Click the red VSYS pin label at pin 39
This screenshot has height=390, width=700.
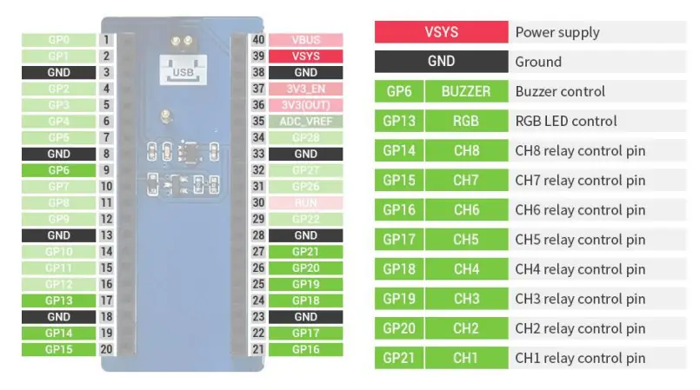(305, 56)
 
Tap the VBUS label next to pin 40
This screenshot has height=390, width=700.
(305, 40)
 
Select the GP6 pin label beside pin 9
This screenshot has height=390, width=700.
(58, 170)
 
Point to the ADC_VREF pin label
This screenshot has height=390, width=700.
(305, 122)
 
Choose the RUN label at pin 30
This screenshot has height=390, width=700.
(305, 202)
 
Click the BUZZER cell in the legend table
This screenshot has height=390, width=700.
(466, 91)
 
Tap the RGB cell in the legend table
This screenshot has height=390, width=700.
(466, 121)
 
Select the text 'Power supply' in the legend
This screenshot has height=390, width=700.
(557, 32)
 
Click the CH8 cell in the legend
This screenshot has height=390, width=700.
(466, 150)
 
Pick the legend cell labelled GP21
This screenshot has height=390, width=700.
(399, 357)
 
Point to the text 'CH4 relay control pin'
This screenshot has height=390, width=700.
(580, 268)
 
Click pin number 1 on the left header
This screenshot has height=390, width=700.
(105, 40)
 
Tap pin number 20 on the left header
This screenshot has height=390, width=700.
(105, 349)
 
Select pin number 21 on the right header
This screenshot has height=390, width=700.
(258, 349)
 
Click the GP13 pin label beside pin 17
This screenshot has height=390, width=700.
(58, 301)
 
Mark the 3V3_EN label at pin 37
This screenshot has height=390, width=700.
(305, 89)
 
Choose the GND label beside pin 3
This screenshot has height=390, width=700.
(58, 73)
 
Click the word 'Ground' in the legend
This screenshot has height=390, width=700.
(538, 62)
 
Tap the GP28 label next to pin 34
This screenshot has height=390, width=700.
(305, 137)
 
